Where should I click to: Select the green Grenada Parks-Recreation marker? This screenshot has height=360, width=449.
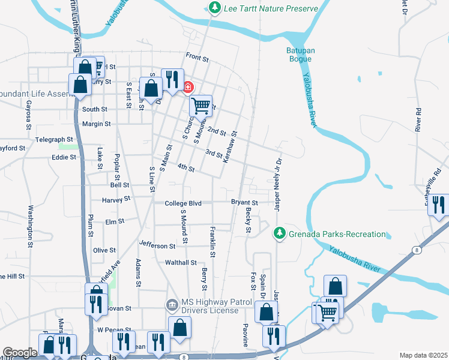click(279, 233)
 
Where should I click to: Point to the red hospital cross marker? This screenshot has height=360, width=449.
click(188, 88)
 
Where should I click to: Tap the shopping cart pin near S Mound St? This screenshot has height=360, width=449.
click(201, 106)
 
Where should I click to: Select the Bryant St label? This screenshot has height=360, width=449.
click(244, 203)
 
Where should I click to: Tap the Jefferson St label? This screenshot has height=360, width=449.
click(157, 245)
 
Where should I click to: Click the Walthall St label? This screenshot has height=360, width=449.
click(181, 262)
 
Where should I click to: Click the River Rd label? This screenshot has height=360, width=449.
click(418, 120)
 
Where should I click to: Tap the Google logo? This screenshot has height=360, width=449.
click(20, 353)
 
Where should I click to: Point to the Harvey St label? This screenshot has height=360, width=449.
click(116, 199)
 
